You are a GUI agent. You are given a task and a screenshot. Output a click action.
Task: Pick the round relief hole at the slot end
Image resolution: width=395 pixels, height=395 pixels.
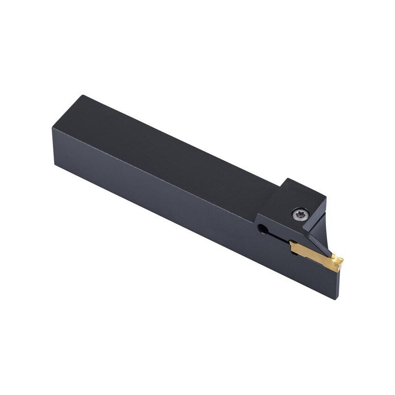tap(262, 228)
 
